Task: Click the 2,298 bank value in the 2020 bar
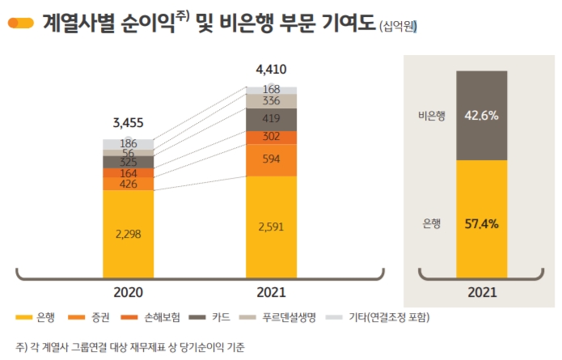coord(128,233)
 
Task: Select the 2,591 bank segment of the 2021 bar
coord(272,227)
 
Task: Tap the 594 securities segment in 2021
coord(272,159)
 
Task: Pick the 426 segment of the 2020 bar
coord(128,184)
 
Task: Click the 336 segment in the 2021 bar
coord(272,101)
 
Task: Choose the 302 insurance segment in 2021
coord(272,137)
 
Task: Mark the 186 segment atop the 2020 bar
coord(128,144)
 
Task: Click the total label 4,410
coord(271,69)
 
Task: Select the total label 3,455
coord(128,123)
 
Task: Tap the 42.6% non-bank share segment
coord(481,116)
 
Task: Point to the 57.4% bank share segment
coord(481,219)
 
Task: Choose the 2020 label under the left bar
coord(128,291)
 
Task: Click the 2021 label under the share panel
coord(482,291)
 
